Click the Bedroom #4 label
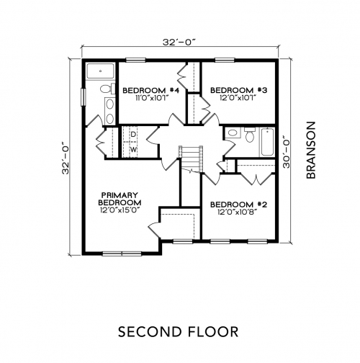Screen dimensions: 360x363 [x=150, y=91]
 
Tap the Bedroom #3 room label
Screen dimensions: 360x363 [x=238, y=90]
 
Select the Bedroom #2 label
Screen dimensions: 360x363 [x=238, y=205]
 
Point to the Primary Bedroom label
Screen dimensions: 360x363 [x=120, y=199]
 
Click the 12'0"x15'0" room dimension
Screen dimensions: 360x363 [x=120, y=210]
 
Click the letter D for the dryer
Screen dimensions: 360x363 [x=133, y=134]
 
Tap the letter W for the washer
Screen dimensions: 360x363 [x=133, y=150]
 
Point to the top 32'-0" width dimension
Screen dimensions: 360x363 [x=179, y=42]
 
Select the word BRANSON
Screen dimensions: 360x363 [x=311, y=150]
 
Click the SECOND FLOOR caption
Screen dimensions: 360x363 [x=179, y=331]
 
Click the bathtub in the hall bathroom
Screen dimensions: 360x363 [x=267, y=142]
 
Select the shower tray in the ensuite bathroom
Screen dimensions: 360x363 [x=100, y=71]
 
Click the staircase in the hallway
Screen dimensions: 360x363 [x=191, y=159]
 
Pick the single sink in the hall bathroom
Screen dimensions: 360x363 [x=233, y=133]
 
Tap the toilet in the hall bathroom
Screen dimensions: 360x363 [x=250, y=135]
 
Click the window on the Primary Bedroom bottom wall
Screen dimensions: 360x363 [x=122, y=254]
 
